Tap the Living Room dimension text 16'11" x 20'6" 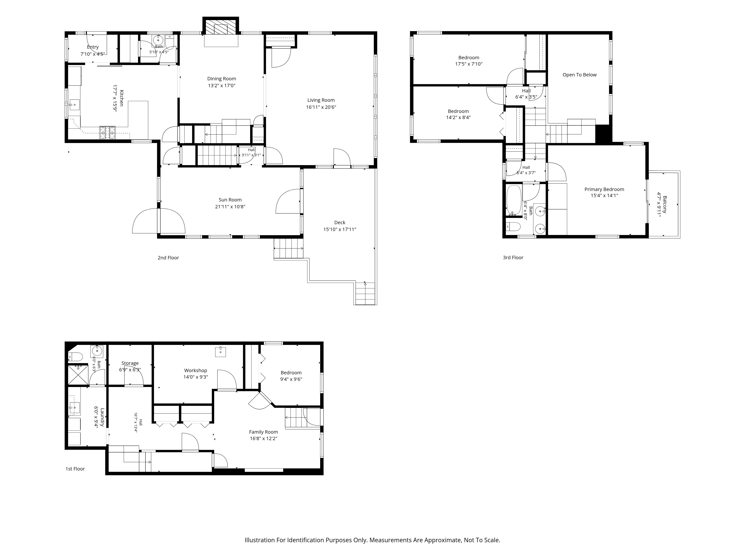pyautogui.click(x=321, y=107)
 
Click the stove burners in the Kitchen pyautogui.click(x=107, y=132)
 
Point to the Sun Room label pyautogui.click(x=230, y=200)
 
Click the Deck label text pyautogui.click(x=340, y=222)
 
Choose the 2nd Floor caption pyautogui.click(x=168, y=258)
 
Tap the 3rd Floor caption pyautogui.click(x=513, y=258)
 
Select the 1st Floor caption pyautogui.click(x=75, y=469)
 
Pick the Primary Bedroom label pyautogui.click(x=604, y=189)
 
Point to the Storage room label pyautogui.click(x=130, y=363)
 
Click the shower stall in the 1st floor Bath pyautogui.click(x=78, y=374)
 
